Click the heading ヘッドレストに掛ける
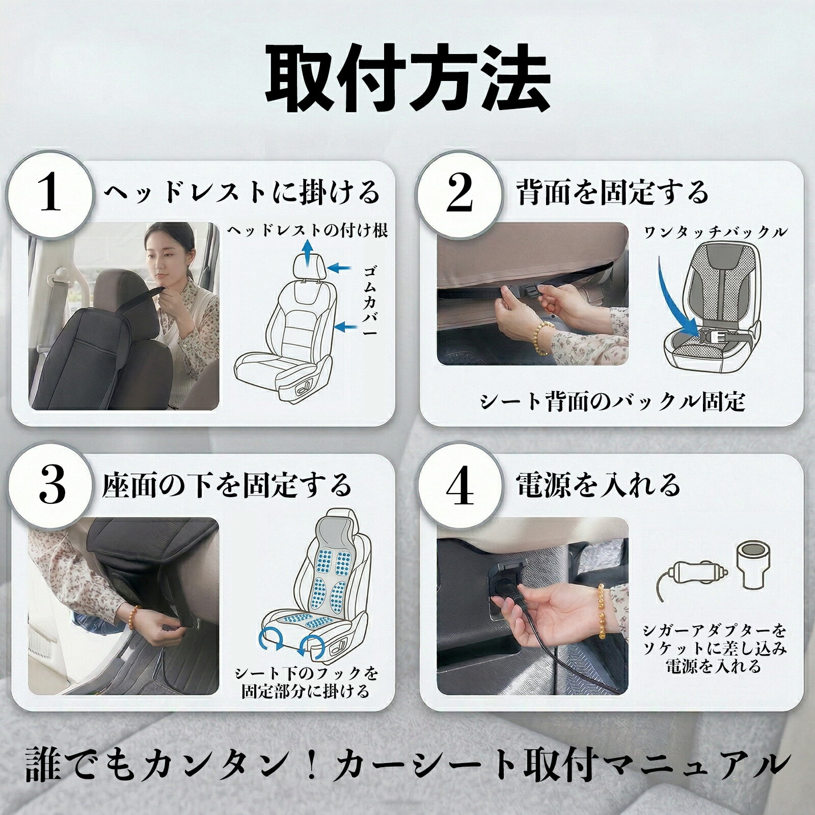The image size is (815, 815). point(242,193)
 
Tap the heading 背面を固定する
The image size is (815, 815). point(612,192)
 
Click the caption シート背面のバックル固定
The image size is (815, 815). point(613,402)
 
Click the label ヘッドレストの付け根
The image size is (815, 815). point(307,231)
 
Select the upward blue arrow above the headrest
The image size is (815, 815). point(307,254)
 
